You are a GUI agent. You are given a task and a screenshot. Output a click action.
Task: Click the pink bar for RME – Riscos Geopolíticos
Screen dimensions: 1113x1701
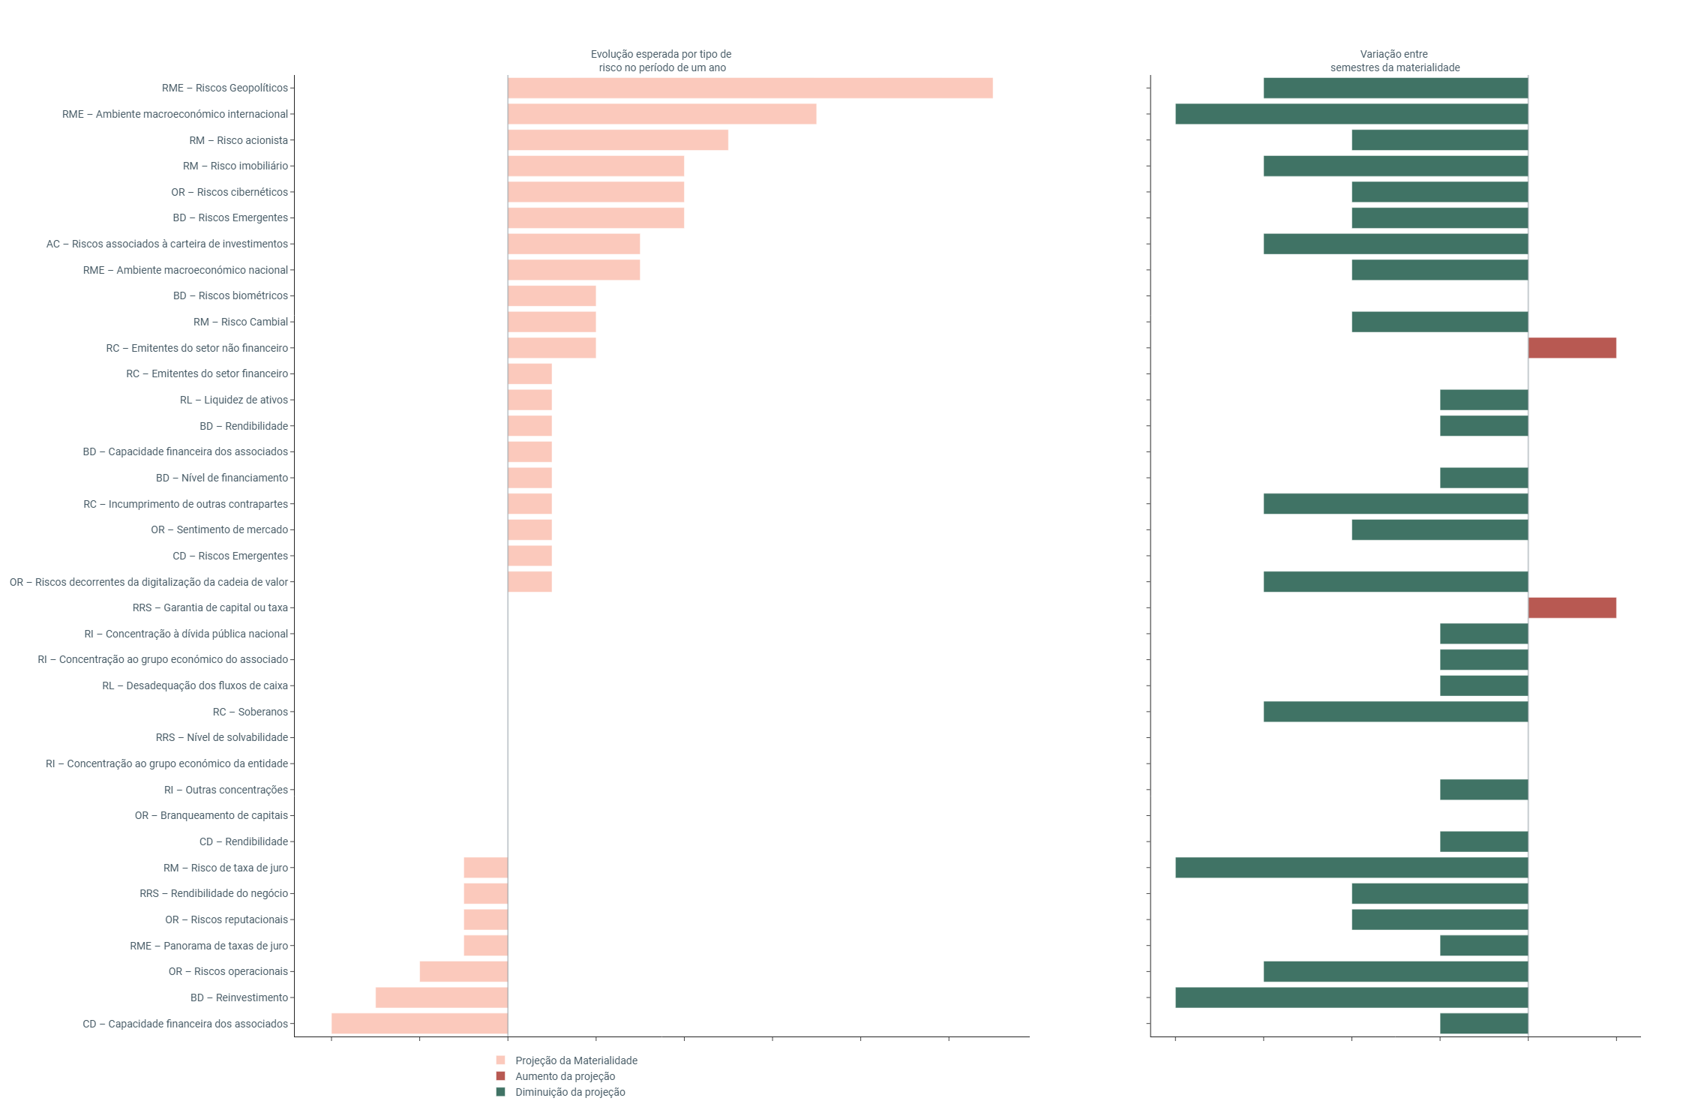tap(750, 88)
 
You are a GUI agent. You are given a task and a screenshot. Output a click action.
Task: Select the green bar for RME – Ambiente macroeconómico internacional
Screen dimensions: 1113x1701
tap(1351, 114)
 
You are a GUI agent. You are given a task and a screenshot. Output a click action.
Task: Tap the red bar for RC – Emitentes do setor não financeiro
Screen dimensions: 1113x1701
tap(1572, 348)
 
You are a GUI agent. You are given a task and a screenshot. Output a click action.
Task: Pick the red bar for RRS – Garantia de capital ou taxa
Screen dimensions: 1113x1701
tap(1572, 607)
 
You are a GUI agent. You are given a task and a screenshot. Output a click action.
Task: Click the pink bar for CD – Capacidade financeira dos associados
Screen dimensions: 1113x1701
tap(420, 1024)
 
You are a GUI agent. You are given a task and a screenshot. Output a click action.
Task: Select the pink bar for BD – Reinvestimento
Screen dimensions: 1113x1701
tap(442, 997)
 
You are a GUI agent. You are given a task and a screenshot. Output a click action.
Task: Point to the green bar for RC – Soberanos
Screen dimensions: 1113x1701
tap(1395, 712)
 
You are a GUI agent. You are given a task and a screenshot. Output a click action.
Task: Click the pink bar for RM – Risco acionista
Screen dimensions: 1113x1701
tap(618, 140)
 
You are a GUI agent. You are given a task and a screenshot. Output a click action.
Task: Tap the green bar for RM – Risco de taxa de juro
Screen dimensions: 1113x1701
tap(1351, 868)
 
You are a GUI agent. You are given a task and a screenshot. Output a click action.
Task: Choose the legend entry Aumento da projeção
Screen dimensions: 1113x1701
tap(565, 1076)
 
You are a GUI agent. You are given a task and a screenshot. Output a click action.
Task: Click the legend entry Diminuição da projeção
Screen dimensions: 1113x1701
tap(570, 1092)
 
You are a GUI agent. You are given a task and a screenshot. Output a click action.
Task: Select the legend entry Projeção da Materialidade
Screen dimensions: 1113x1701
tap(576, 1060)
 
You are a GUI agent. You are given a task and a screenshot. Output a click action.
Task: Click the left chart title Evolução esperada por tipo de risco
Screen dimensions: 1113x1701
tap(661, 61)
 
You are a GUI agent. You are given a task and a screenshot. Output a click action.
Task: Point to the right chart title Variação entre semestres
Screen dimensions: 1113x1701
tap(1394, 61)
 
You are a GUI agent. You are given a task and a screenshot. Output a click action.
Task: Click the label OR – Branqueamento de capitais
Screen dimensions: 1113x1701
tap(211, 815)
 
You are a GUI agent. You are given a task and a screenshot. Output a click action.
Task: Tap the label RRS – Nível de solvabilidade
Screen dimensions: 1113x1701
tap(222, 737)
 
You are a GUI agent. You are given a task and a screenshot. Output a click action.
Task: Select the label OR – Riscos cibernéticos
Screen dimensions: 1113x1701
tap(229, 192)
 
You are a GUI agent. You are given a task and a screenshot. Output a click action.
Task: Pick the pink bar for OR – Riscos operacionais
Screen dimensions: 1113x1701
tap(463, 971)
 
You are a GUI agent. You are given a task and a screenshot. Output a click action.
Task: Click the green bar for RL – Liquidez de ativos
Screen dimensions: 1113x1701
tap(1483, 400)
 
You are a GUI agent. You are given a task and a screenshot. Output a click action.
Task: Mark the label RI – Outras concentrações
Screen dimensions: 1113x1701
tap(226, 790)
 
